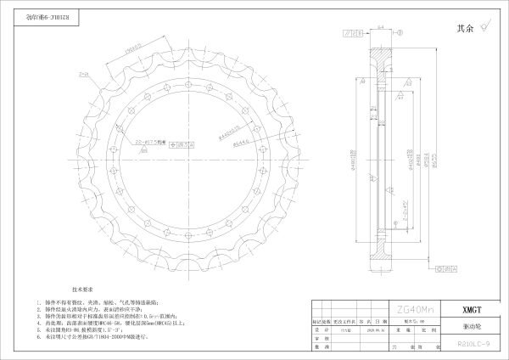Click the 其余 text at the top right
click(465, 27)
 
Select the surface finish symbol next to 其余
click(484, 27)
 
